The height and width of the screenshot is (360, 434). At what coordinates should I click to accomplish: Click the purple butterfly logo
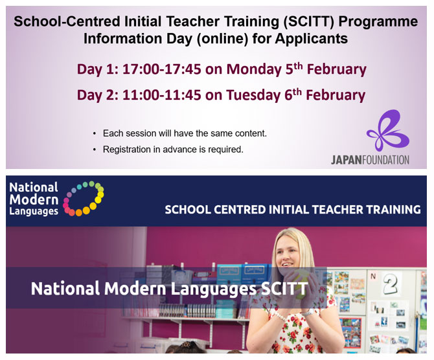[388, 130]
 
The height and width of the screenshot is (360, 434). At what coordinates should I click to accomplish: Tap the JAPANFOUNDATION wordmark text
[370, 160]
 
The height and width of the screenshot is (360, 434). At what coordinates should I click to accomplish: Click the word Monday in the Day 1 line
[254, 69]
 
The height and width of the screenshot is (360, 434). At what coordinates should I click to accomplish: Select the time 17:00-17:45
[162, 69]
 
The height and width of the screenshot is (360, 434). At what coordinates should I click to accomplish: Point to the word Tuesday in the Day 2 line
[253, 95]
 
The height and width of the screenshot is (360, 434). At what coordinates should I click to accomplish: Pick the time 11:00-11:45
[162, 95]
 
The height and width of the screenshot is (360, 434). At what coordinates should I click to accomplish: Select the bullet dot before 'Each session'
[95, 133]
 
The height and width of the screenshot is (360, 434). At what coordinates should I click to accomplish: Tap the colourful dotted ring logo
[84, 198]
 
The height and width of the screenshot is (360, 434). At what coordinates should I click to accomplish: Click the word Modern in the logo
[34, 199]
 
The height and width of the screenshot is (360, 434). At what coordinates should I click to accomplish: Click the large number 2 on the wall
[391, 283]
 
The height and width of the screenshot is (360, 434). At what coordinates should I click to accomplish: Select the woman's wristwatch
[308, 313]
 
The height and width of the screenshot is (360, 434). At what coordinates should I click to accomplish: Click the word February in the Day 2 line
[336, 95]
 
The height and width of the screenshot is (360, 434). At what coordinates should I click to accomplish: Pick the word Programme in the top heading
[378, 22]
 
